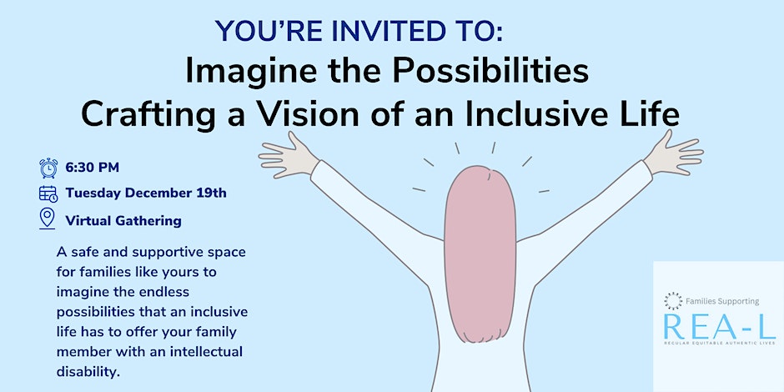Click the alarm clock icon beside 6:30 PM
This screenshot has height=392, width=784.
tap(48, 168)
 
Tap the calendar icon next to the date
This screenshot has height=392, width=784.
tap(48, 193)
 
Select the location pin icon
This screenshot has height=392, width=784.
tap(47, 219)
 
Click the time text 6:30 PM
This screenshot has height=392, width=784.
tap(92, 168)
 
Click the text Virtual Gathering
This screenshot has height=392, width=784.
tap(123, 220)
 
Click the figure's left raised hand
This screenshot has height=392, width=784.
tap(289, 154)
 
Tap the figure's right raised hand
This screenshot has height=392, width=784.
tap(672, 152)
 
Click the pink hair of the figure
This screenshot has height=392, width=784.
tap(480, 254)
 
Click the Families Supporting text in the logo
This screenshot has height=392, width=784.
tap(722, 301)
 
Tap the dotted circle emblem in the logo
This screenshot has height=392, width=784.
tap(673, 301)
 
